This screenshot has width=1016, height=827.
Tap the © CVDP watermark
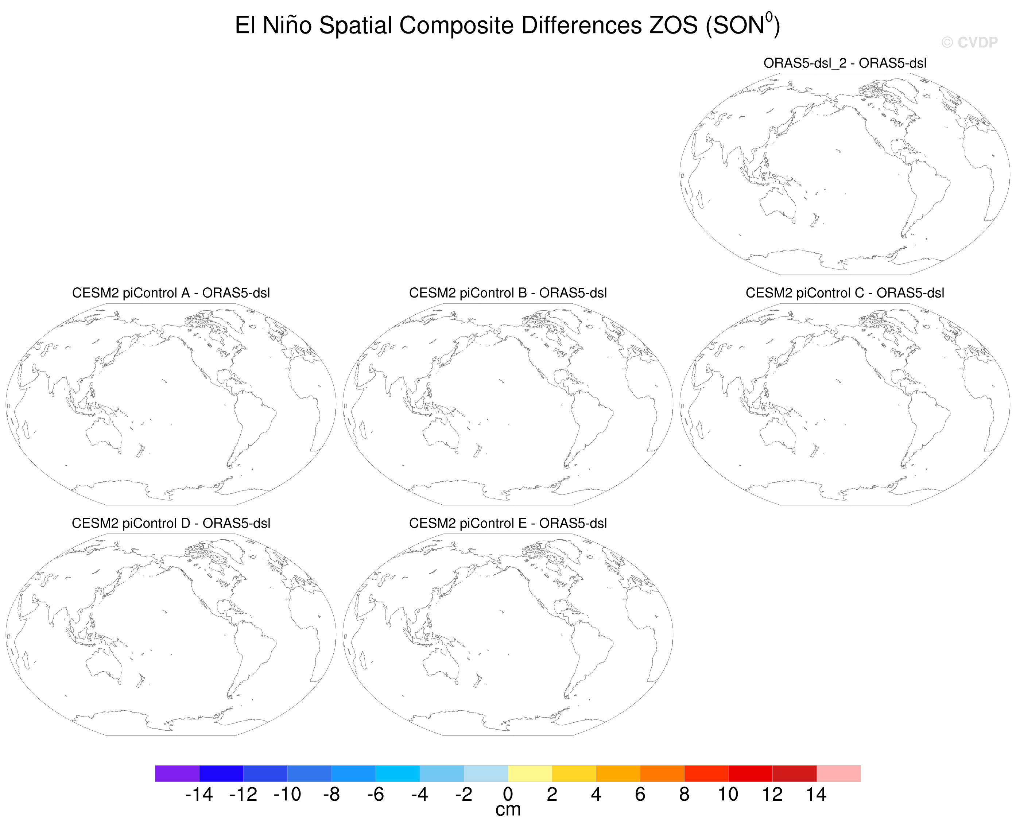[969, 42]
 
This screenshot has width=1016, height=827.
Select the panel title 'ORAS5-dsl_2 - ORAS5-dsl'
[845, 63]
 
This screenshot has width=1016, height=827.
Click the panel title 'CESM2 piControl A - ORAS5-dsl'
[171, 293]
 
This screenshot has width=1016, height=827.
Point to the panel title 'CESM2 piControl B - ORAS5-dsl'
[508, 293]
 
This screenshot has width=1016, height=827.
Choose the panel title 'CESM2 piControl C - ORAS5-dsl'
[845, 293]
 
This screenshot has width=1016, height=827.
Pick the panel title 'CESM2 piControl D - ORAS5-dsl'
[171, 523]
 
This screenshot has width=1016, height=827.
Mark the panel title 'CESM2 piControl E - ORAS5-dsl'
[508, 523]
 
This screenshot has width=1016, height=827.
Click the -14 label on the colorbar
[199, 794]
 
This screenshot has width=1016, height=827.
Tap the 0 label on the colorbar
[508, 794]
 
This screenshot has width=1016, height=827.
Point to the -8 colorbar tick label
[331, 794]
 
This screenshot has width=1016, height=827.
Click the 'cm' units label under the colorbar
[508, 810]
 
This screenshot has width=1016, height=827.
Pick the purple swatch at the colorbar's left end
[177, 773]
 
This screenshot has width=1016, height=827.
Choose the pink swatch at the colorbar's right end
[838, 773]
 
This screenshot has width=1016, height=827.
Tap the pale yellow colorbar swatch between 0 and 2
[530, 773]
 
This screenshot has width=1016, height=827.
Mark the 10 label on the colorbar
[728, 794]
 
